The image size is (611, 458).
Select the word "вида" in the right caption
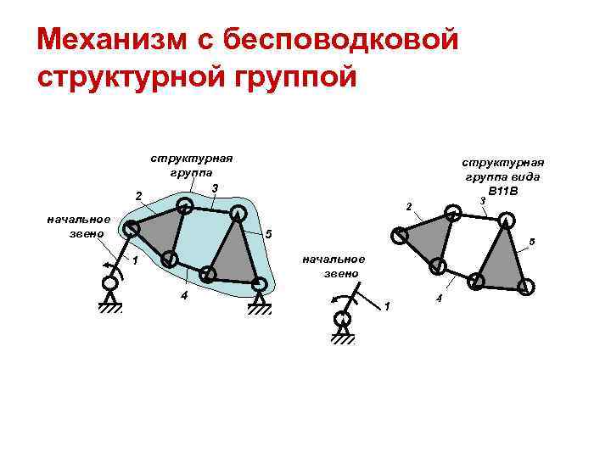point(527,176)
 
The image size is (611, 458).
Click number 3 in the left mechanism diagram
point(216,187)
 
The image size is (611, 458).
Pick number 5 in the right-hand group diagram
point(532,243)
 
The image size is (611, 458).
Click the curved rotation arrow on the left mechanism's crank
point(109,268)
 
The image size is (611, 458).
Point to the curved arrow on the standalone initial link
point(336,297)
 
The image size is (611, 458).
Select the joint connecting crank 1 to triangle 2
point(131,228)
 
